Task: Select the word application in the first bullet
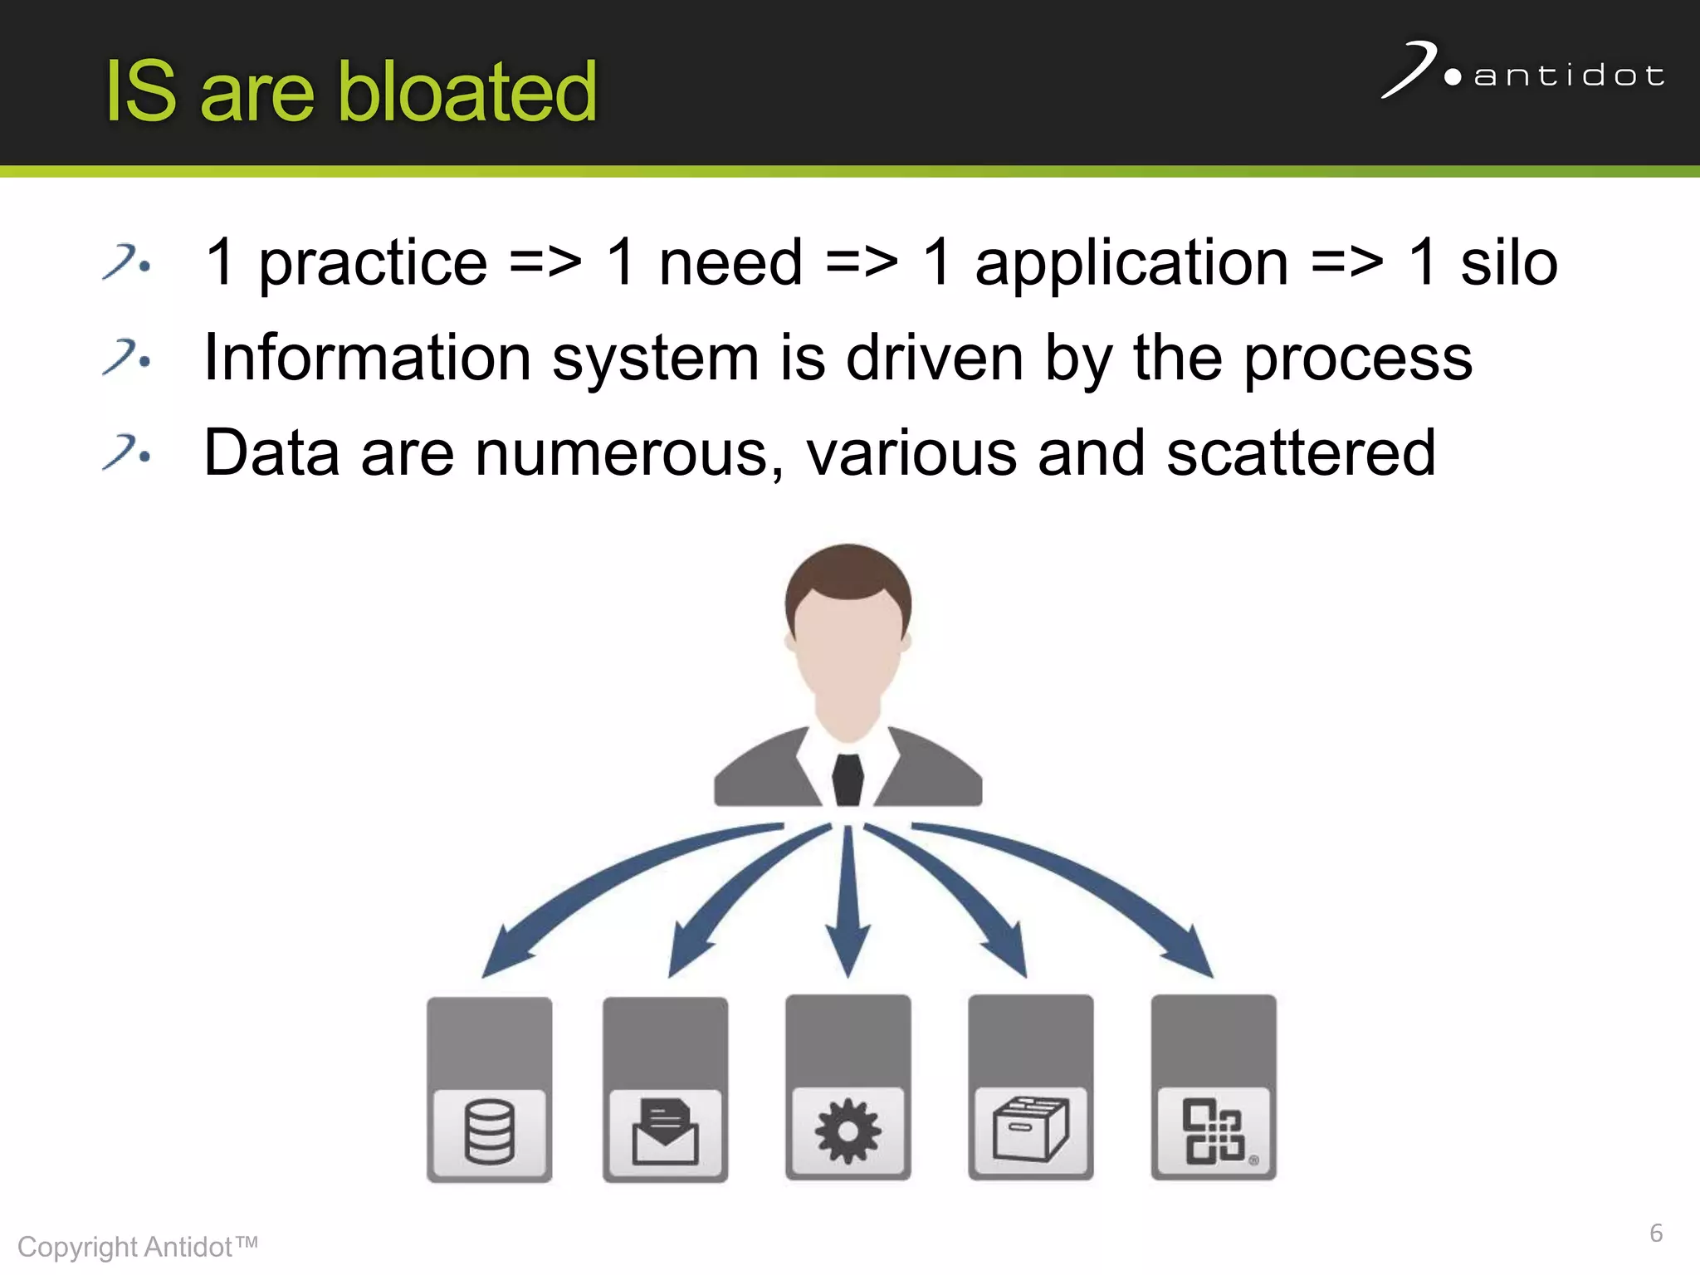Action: (1131, 263)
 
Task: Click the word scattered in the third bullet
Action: (1300, 453)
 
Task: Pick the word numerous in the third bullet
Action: (628, 455)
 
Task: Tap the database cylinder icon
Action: (490, 1131)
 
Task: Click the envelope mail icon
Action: (665, 1131)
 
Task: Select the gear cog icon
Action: (848, 1131)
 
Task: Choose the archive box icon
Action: (1031, 1130)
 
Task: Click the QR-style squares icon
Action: (1213, 1131)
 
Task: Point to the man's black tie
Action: (848, 780)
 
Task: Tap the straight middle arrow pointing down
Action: (848, 905)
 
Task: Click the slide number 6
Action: (1655, 1233)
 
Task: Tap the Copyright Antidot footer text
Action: (137, 1247)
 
